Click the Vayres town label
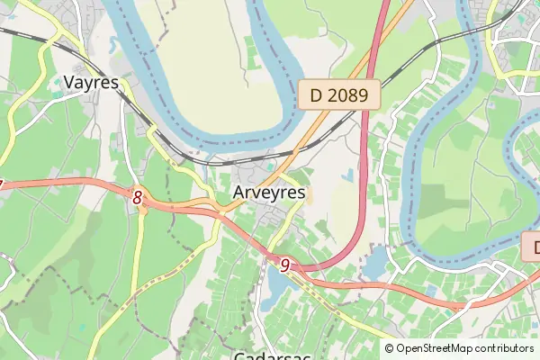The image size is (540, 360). coord(93,83)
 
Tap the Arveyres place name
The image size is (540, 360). coord(268,193)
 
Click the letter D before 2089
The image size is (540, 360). coord(315,94)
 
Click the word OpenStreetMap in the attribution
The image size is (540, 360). coord(438,348)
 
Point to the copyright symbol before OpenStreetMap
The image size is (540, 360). coord(389,348)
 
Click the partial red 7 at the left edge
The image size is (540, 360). coord(2,185)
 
